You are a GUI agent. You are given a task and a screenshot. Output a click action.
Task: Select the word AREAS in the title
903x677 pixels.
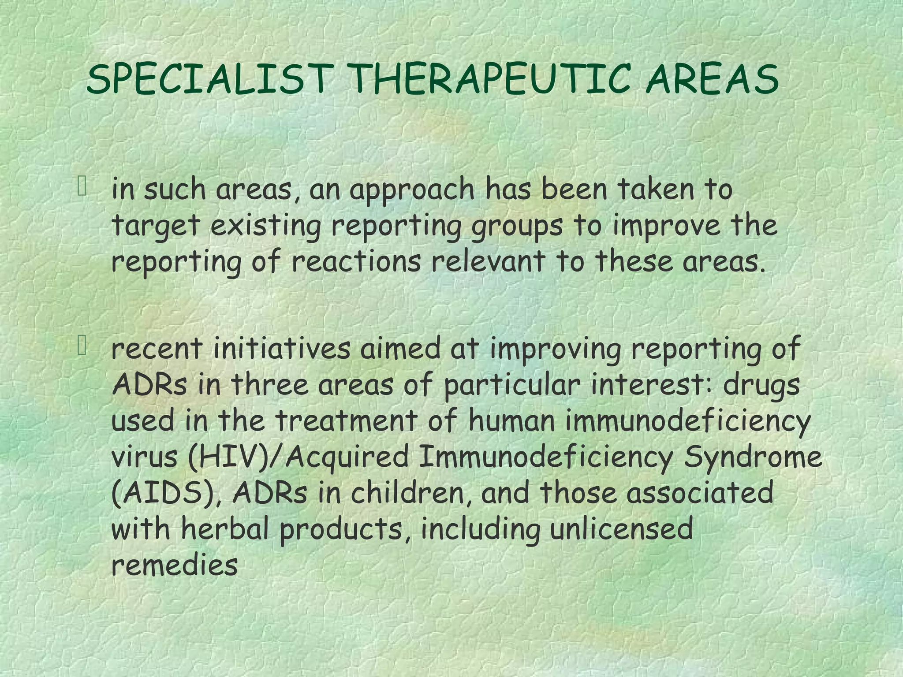pos(712,79)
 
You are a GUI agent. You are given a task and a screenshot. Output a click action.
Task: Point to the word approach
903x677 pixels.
pos(412,190)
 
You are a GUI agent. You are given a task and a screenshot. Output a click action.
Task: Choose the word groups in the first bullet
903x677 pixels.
pos(517,227)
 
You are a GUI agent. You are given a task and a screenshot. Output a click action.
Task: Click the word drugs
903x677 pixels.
pos(761,384)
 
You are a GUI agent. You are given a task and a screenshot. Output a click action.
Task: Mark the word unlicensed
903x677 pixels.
pos(621,529)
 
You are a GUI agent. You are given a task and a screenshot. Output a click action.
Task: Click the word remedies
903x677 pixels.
pos(175,565)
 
